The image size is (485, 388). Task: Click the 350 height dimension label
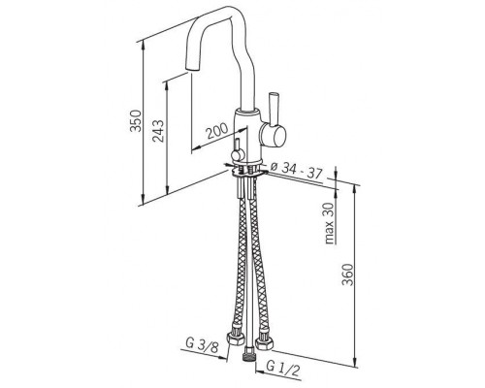pyautogui.click(x=136, y=120)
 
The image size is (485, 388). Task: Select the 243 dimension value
pyautogui.click(x=158, y=131)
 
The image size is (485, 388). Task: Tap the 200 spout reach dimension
pyautogui.click(x=217, y=131)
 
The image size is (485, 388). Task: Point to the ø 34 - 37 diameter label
pyautogui.click(x=297, y=171)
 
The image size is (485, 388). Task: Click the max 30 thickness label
pyautogui.click(x=329, y=223)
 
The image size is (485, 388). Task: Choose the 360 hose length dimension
pyautogui.click(x=347, y=275)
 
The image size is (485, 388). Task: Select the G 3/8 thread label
pyautogui.click(x=202, y=345)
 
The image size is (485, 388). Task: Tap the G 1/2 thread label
pyautogui.click(x=283, y=370)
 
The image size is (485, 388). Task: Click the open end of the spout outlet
pyautogui.click(x=192, y=69)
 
